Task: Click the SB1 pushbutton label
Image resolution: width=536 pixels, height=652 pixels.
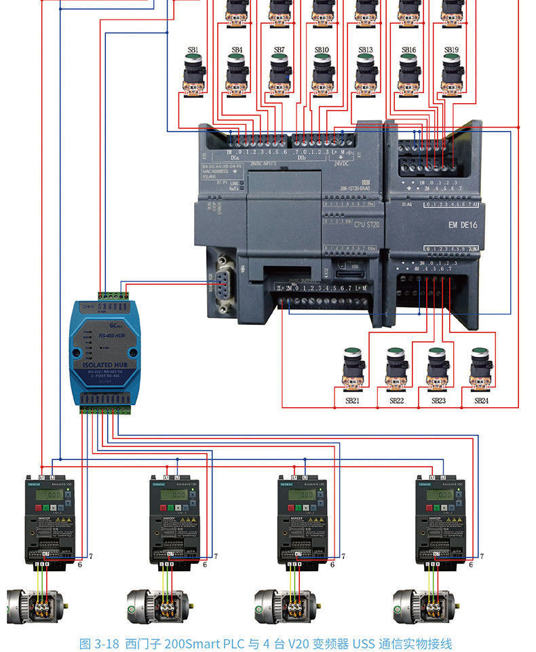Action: click(193, 50)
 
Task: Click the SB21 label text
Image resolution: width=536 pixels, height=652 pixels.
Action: click(351, 401)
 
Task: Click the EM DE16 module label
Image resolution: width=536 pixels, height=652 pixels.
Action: click(463, 225)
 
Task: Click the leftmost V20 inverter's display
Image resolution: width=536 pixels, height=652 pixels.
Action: click(50, 495)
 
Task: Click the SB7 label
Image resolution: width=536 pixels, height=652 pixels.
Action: click(279, 50)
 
